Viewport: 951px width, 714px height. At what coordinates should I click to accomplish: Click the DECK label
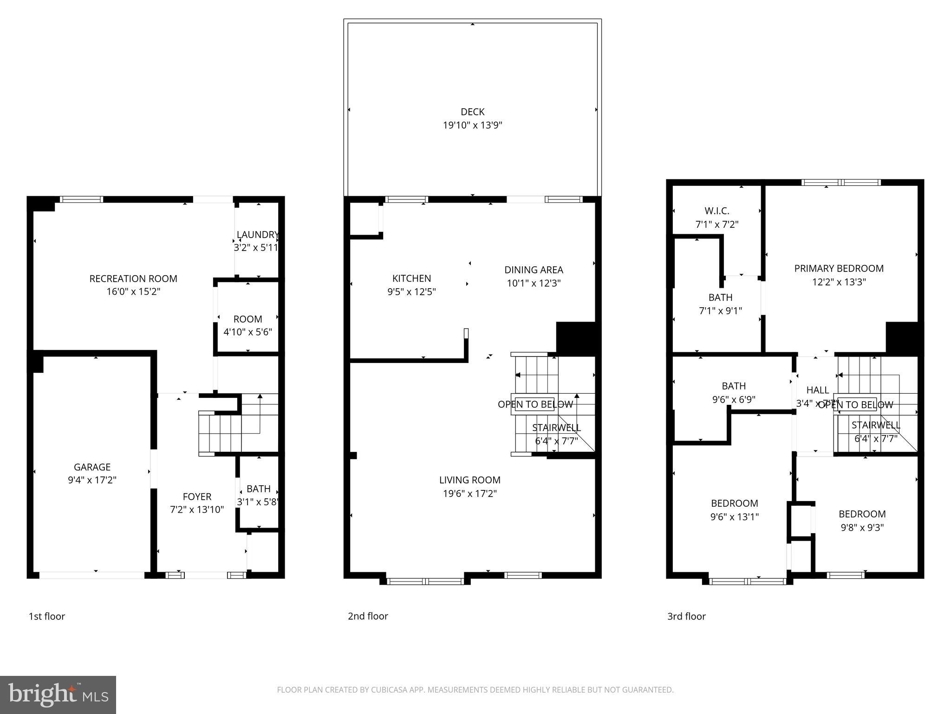(x=472, y=112)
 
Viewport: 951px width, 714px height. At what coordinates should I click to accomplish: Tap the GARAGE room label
(x=92, y=467)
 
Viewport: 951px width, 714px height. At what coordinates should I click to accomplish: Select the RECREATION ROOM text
(x=133, y=279)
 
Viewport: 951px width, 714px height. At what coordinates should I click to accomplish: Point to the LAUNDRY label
(x=257, y=235)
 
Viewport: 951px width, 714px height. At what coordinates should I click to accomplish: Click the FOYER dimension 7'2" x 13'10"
(x=197, y=509)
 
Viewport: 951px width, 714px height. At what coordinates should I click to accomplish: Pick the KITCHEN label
(x=411, y=278)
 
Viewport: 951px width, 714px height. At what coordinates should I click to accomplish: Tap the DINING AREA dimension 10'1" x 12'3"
(x=534, y=283)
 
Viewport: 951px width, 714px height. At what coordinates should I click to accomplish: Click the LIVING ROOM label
(x=469, y=480)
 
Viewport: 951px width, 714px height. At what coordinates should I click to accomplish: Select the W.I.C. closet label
(x=717, y=211)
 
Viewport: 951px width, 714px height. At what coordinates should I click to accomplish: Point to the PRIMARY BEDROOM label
(x=839, y=269)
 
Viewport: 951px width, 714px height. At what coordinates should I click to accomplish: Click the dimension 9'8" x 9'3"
(x=862, y=528)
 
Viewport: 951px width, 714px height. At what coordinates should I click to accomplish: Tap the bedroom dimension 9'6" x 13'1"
(x=734, y=516)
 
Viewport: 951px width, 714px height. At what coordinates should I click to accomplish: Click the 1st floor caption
(x=47, y=616)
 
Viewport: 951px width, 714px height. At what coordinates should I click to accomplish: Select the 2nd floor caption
(x=368, y=616)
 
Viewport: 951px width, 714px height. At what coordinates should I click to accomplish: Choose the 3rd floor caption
(x=686, y=616)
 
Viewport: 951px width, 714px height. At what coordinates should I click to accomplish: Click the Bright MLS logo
(x=58, y=695)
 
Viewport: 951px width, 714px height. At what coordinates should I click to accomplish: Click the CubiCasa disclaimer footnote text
(x=475, y=690)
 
